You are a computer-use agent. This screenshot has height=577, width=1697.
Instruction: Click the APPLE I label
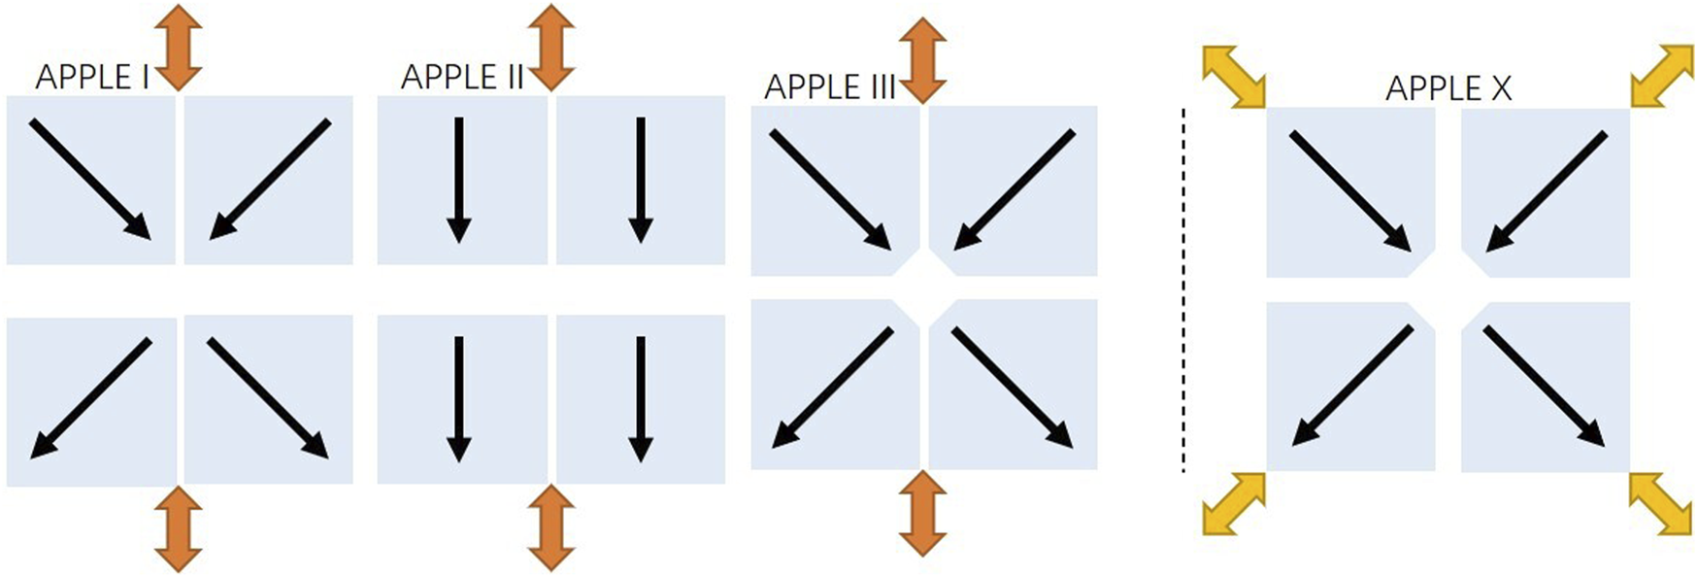tap(92, 77)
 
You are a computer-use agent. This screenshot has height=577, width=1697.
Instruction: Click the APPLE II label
tap(462, 77)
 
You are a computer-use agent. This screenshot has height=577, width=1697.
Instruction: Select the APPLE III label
tap(829, 87)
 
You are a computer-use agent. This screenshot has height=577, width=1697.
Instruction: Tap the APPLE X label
tap(1447, 88)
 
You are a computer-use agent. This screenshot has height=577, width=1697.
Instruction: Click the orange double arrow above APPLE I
tap(179, 47)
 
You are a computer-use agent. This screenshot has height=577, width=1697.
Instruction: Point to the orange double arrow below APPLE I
tap(179, 528)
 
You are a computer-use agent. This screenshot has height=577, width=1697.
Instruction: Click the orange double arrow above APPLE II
tap(551, 47)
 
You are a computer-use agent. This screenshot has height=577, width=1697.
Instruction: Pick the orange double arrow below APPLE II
tap(551, 526)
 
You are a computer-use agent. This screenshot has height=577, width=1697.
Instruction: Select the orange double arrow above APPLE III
tap(922, 60)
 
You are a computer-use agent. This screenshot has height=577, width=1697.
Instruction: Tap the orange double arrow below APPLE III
tap(922, 513)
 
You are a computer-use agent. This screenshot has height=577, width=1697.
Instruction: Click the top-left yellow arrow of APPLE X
tap(1234, 76)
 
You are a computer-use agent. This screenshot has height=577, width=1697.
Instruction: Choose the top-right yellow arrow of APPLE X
tap(1661, 76)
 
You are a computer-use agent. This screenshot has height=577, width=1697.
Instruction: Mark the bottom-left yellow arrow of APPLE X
tap(1234, 503)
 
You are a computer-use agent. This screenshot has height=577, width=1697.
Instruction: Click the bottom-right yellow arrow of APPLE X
tap(1661, 503)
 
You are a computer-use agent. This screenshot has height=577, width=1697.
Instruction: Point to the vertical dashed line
tap(1182, 291)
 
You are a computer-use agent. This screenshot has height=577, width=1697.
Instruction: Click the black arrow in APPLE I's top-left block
tap(90, 179)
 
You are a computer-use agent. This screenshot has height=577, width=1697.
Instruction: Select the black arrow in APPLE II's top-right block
tap(640, 180)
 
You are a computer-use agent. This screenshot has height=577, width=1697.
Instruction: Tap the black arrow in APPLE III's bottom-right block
tap(1012, 387)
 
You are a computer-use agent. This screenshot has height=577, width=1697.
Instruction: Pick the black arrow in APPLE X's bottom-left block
tap(1353, 385)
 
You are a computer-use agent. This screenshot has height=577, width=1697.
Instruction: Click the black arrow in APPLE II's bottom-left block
tap(458, 398)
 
